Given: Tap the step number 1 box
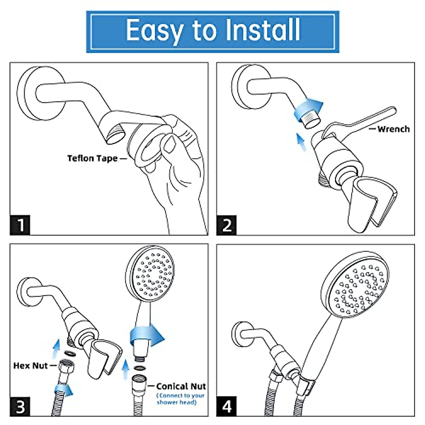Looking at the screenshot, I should click(20, 225).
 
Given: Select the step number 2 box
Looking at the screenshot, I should click(227, 225).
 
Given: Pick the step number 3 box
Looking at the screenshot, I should click(20, 407).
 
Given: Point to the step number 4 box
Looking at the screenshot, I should click(227, 407).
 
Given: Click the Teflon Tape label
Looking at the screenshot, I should click(92, 158).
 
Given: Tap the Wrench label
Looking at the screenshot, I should click(393, 129).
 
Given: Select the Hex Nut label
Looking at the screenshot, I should click(30, 365).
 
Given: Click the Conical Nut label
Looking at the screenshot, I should click(181, 386).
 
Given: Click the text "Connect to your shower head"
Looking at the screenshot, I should click(181, 399).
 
